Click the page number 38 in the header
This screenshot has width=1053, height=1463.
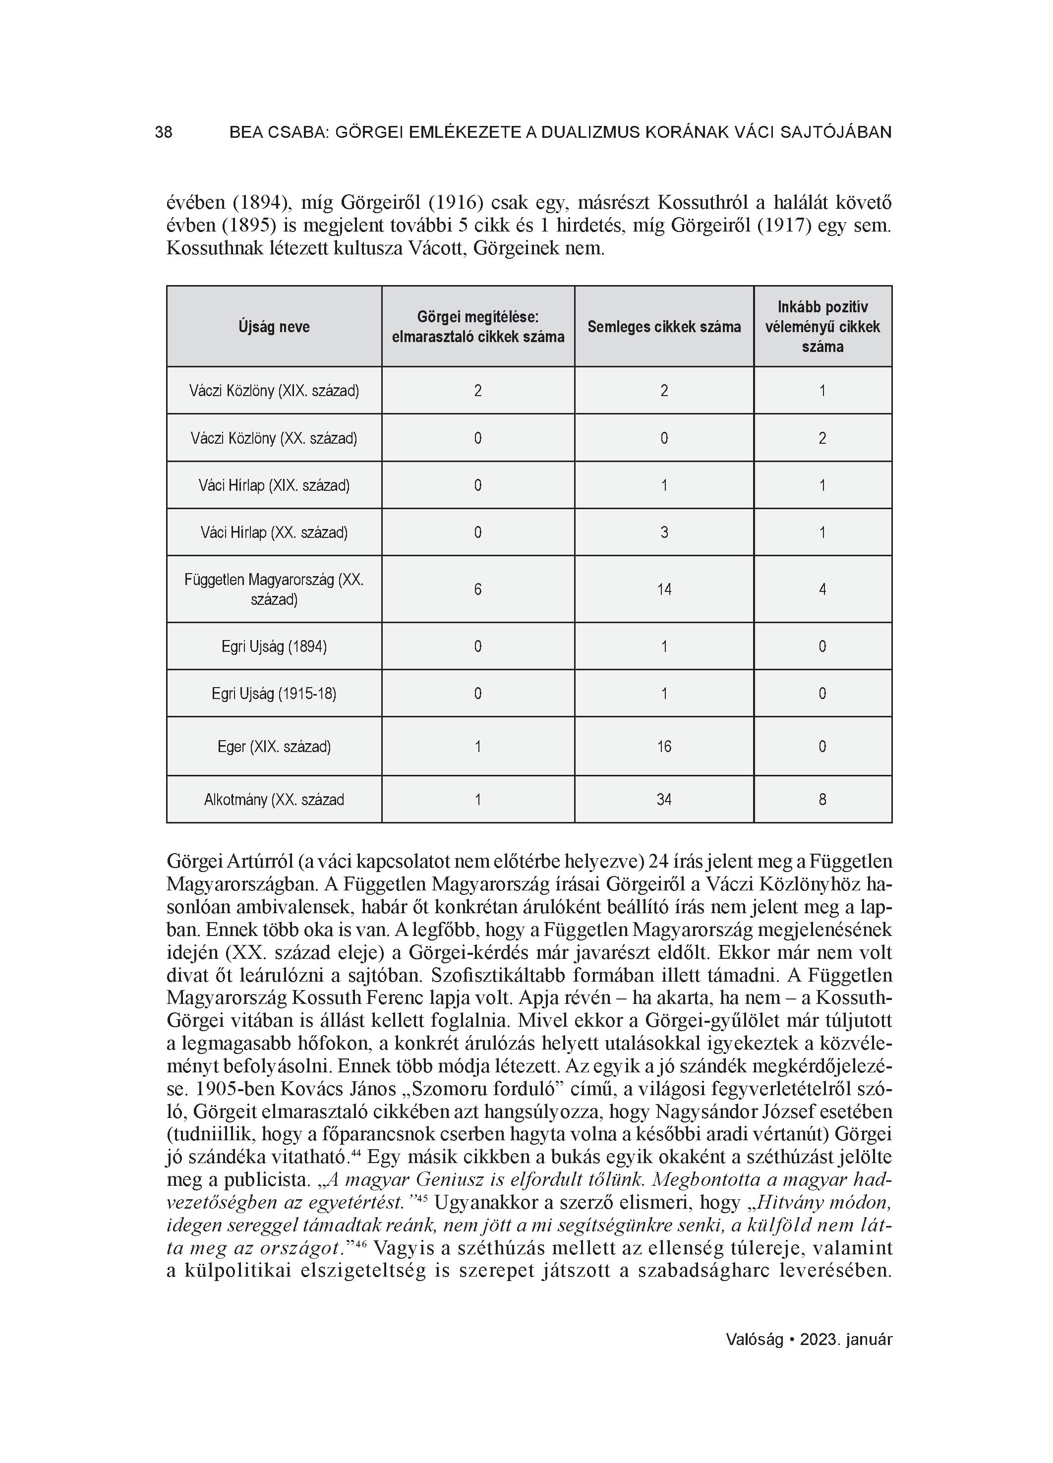pyautogui.click(x=163, y=132)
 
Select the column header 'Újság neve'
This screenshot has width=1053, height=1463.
pyautogui.click(x=274, y=327)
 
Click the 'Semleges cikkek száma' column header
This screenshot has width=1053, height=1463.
pyautogui.click(x=664, y=327)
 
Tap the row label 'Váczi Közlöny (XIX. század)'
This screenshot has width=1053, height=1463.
pyautogui.click(x=274, y=391)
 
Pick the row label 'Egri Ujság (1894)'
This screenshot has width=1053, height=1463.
pyautogui.click(x=274, y=646)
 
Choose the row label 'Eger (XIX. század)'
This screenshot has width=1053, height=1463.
pyautogui.click(x=274, y=747)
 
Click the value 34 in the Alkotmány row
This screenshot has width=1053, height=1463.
pyautogui.click(x=664, y=800)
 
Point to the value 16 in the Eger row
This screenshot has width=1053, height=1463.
pyautogui.click(x=664, y=747)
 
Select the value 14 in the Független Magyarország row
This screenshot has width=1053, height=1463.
pyautogui.click(x=664, y=589)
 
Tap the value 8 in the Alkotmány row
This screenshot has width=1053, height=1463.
pyautogui.click(x=822, y=800)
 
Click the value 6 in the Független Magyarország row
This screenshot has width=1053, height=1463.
pyautogui.click(x=477, y=589)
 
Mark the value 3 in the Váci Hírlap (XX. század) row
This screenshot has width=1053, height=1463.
pyautogui.click(x=664, y=533)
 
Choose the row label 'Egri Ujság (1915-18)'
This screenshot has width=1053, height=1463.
pyautogui.click(x=274, y=694)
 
